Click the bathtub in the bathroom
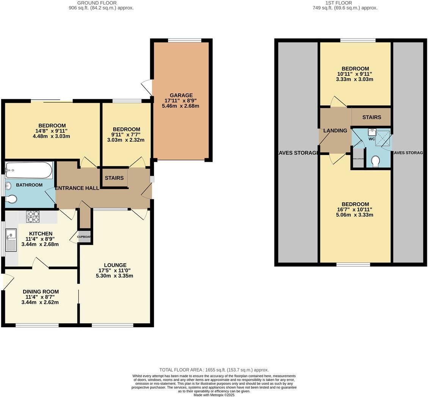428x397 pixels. (x=29, y=170)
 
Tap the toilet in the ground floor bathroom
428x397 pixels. (x=11, y=199)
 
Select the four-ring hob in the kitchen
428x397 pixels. (x=33, y=216)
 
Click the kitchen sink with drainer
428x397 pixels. (x=11, y=240)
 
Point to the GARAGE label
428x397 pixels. (x=181, y=95)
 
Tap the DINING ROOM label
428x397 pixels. (x=41, y=292)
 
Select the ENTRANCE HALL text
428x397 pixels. (x=77, y=188)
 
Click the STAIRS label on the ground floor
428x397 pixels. (x=114, y=178)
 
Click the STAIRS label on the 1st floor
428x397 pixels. (x=371, y=117)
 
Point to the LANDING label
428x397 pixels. (x=335, y=131)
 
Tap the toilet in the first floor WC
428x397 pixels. (x=376, y=162)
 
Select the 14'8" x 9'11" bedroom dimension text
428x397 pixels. (x=52, y=131)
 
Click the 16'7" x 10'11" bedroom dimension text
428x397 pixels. (x=355, y=209)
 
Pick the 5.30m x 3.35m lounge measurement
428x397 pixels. (x=115, y=276)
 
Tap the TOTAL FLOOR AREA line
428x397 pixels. (x=214, y=370)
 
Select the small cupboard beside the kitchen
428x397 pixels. (x=85, y=237)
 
